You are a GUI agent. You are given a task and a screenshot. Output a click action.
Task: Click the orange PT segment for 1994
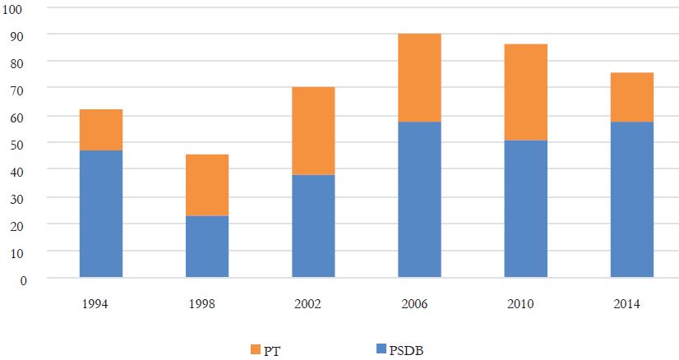[101, 130]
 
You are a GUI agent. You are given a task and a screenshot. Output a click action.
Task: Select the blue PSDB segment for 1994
[101, 214]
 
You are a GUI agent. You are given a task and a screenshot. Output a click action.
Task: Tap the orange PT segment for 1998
[207, 185]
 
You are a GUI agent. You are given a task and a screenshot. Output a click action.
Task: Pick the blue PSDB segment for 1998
[207, 247]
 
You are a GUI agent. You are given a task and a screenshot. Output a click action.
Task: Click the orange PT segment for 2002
[313, 131]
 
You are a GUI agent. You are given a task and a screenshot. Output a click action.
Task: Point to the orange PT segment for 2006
[419, 77]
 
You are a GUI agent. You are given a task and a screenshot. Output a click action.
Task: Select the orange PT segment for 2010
[525, 92]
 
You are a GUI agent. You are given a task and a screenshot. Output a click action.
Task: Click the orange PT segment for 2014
[631, 97]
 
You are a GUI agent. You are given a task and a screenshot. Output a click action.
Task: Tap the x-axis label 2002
[313, 304]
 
